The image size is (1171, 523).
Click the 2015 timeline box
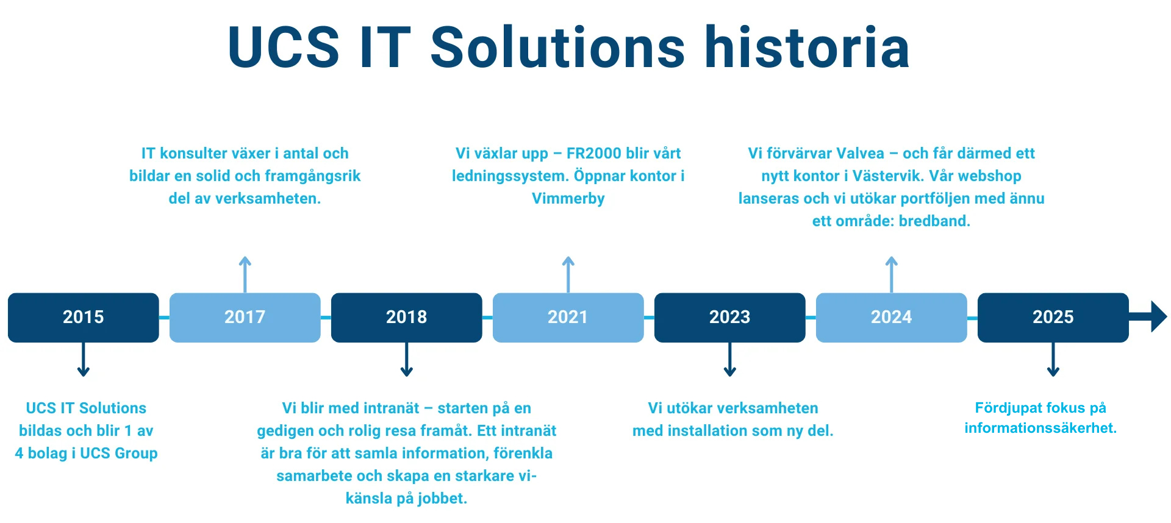83,318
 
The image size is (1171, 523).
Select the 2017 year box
245,318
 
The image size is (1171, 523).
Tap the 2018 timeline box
406,318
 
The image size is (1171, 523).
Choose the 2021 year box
568,318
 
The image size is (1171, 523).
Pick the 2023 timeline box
729,318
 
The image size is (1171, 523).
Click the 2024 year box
891,318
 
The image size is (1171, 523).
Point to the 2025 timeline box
1053,318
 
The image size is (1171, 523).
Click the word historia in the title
807,48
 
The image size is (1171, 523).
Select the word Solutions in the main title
557,48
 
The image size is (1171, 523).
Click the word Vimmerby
568,199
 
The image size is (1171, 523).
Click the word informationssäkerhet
1040,428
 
